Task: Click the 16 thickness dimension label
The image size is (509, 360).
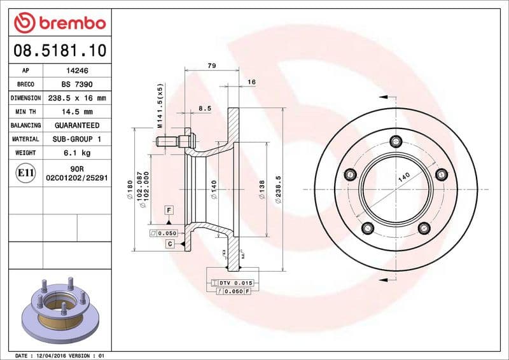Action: tap(251, 82)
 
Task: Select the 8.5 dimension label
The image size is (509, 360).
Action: tap(204, 109)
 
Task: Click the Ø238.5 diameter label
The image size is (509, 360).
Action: tap(278, 191)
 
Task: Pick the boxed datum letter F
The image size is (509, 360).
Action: tap(169, 210)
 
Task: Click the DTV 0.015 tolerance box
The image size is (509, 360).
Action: tap(235, 282)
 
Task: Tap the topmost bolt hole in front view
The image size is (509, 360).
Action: tap(396, 141)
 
